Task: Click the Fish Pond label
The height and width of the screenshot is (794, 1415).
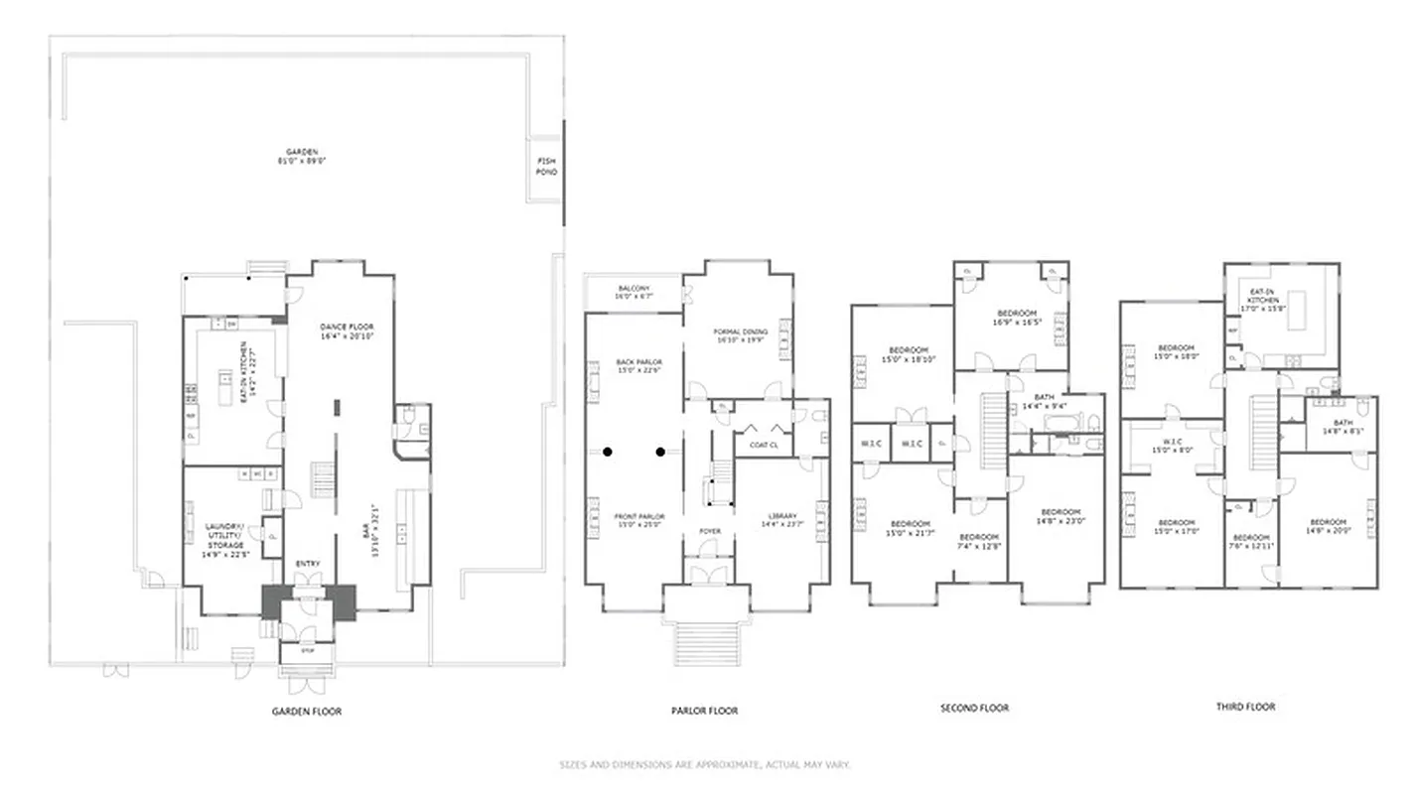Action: coord(546,167)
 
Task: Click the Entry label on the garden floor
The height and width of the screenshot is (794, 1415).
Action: coord(308,565)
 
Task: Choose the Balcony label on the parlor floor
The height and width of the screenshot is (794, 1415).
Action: coord(633,292)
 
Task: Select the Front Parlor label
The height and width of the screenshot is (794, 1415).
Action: coord(638,521)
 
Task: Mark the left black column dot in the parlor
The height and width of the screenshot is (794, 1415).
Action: coord(608,453)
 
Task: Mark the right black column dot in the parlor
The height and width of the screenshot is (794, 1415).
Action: coord(660,453)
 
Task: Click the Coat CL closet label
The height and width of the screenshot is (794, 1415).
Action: coord(763,445)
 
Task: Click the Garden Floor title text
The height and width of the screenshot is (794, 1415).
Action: coord(307,712)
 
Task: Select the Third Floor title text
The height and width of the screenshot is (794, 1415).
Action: coord(1245,707)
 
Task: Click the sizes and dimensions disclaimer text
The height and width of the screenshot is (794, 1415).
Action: coord(705,765)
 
